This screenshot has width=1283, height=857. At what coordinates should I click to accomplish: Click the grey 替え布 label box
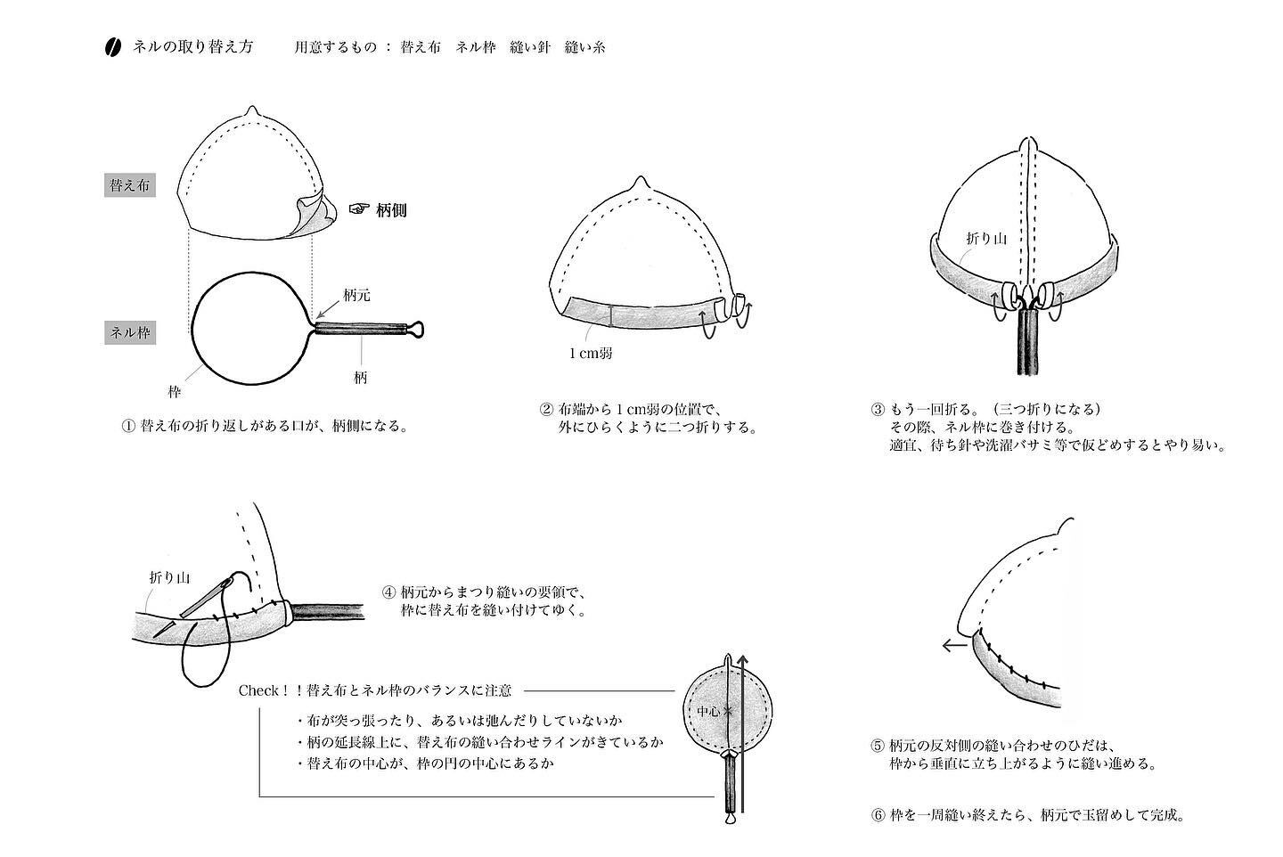(130, 186)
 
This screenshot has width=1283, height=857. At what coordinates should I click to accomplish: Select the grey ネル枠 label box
(130, 332)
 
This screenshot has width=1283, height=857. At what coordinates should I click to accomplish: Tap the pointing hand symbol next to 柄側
(357, 209)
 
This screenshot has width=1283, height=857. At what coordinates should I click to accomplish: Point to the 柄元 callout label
(355, 295)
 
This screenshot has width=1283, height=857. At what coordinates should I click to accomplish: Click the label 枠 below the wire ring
(175, 390)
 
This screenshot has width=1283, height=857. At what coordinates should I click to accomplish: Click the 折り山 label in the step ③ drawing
(986, 239)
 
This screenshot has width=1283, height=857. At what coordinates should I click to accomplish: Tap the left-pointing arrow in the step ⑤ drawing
(954, 646)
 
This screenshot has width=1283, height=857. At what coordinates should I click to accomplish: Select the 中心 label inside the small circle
(708, 712)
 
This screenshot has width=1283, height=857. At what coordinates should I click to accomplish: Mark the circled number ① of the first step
(127, 426)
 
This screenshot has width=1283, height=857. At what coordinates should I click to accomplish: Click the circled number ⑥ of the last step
(878, 814)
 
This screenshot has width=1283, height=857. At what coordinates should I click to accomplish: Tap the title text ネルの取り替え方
(192, 47)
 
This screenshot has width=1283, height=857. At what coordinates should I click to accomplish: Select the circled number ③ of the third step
(878, 410)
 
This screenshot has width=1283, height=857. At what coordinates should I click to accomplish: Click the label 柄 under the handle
(360, 377)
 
